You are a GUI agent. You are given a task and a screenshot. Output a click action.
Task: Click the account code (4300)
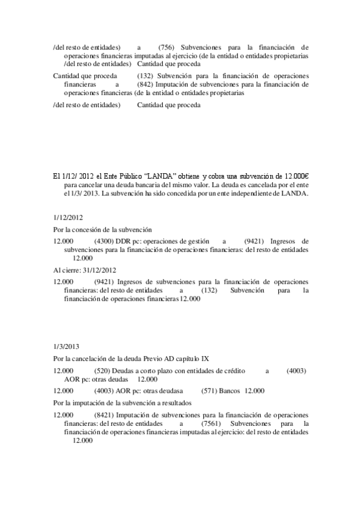click(x=105, y=241)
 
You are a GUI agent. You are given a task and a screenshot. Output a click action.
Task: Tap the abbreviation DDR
click(x=131, y=241)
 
